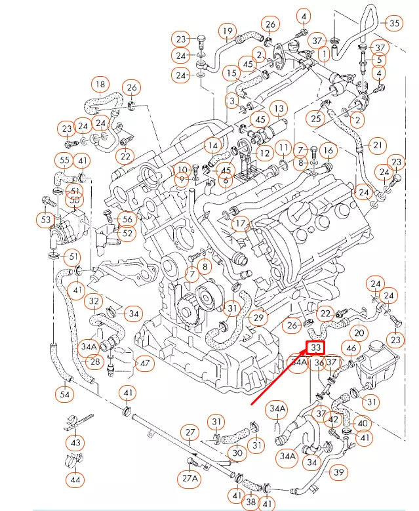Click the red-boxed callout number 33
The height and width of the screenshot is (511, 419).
[x=316, y=348]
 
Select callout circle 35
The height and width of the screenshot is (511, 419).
[x=394, y=24]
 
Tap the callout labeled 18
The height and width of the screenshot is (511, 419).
[x=99, y=85]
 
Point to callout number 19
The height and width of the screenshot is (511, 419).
[x=228, y=31]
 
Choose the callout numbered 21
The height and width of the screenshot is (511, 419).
[x=378, y=144]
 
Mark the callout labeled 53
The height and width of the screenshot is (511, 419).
[x=47, y=219]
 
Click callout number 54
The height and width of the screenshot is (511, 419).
[x=64, y=394]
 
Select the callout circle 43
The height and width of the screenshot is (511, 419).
[x=76, y=443]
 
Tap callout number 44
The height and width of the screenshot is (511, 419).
[x=76, y=480]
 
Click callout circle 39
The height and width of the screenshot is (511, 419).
[x=339, y=472]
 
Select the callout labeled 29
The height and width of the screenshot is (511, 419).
[x=258, y=318]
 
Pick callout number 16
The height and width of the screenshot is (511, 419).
[x=328, y=151]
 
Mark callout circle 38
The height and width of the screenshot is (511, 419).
[x=250, y=502]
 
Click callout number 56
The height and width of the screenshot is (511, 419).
[x=126, y=219]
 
